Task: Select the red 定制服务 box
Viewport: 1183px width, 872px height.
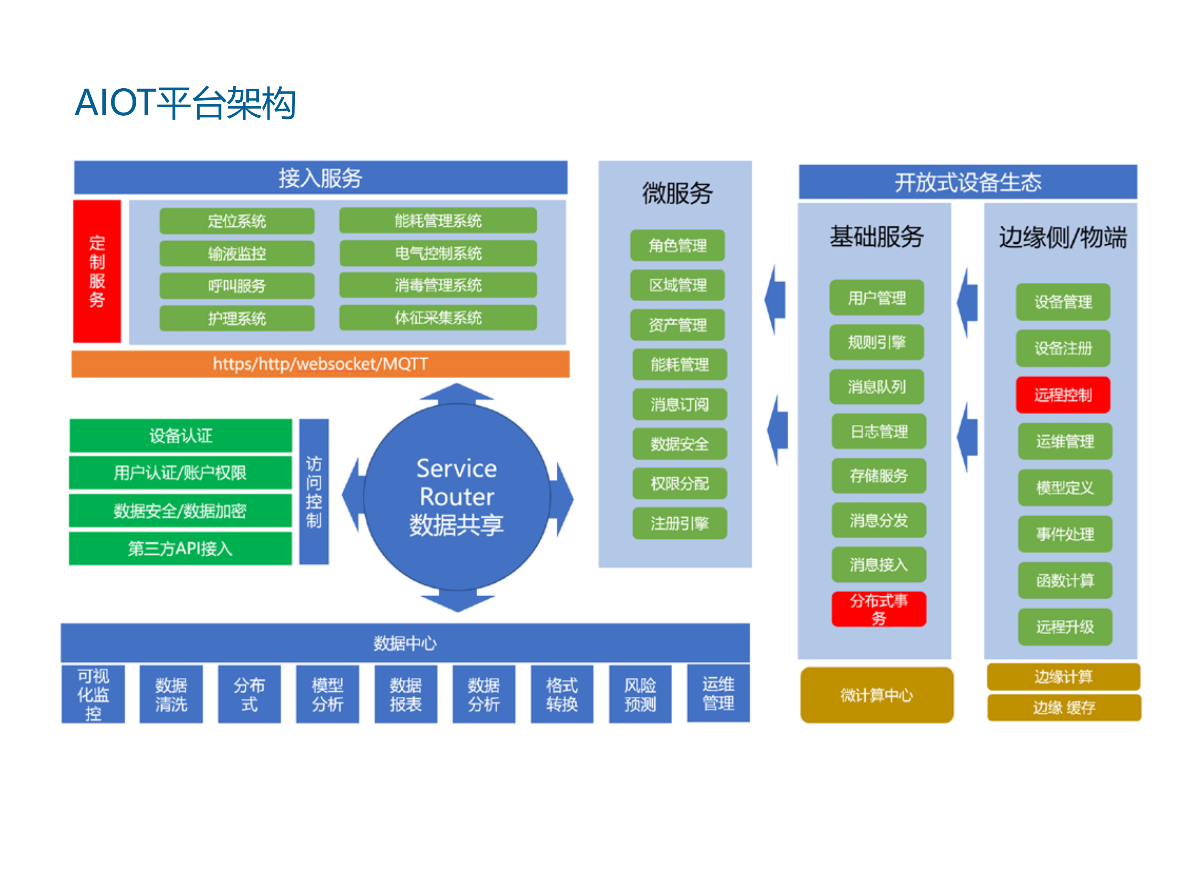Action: coord(97,271)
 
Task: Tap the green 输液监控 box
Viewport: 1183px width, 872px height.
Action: coord(237,254)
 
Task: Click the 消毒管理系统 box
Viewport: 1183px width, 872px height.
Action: coord(438,286)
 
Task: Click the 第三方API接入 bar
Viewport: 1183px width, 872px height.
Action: coord(180,549)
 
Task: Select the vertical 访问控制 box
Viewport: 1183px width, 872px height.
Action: coord(314,492)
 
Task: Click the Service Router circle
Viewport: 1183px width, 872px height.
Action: coord(457,497)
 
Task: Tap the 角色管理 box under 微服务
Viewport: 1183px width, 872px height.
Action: coord(678,245)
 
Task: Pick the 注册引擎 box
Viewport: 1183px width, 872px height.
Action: coord(680,524)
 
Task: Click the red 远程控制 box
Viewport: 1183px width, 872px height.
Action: coord(1063,395)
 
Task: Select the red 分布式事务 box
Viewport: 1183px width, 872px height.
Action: coord(879,609)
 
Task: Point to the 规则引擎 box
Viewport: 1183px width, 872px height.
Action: coord(877,342)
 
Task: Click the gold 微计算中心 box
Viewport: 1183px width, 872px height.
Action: coord(877,695)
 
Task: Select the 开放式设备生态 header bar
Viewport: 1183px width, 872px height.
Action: coord(968,182)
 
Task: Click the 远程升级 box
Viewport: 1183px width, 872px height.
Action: coord(1065,627)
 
